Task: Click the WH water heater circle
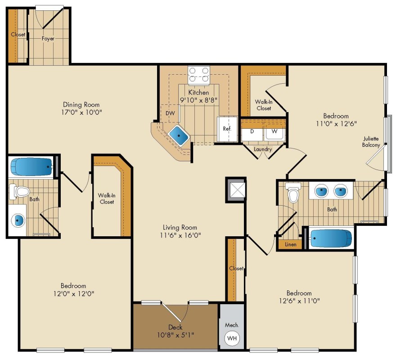(232, 337)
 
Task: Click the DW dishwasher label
(170, 113)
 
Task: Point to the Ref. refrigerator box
(227, 129)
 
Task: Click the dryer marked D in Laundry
(252, 132)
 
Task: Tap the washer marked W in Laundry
(273, 132)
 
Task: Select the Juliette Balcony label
(371, 142)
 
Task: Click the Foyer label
(48, 39)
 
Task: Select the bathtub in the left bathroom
(31, 167)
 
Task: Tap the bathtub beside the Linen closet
(331, 238)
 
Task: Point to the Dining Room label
(81, 104)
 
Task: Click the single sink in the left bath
(18, 220)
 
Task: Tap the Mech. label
(232, 324)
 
